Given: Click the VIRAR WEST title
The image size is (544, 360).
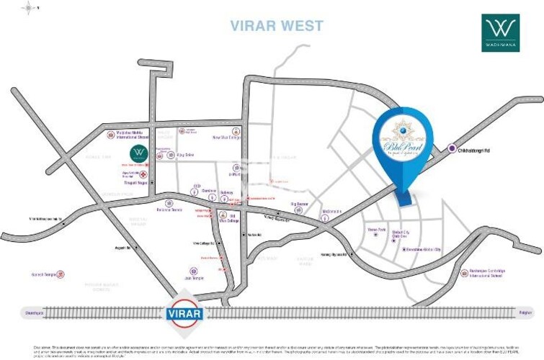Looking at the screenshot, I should [x=277, y=26].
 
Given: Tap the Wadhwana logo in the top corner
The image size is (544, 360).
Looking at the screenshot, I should [x=500, y=33].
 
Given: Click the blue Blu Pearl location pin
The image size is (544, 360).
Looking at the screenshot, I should [x=403, y=142].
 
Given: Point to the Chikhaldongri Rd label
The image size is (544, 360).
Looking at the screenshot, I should [x=478, y=150].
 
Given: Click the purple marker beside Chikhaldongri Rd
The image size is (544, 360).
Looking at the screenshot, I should [x=452, y=149].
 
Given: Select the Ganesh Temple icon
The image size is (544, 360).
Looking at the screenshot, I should [x=60, y=274].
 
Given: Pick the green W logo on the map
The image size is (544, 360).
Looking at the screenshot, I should [x=139, y=153].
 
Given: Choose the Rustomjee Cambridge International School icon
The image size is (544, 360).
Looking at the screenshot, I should [x=463, y=274].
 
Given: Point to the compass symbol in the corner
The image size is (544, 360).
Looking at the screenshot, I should [x=28, y=9].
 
